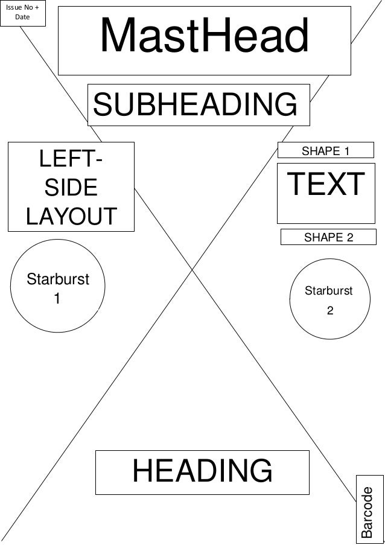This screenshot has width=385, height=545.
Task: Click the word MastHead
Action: [204, 36]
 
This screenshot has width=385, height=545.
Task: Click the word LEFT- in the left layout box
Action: [70, 162]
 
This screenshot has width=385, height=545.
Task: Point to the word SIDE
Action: [70, 188]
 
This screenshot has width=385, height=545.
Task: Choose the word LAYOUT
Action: [70, 215]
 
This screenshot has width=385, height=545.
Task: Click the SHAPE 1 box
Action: [326, 151]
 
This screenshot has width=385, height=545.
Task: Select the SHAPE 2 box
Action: [328, 238]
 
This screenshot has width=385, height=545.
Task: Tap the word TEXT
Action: [326, 185]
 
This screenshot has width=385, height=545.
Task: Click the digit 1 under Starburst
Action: [57, 299]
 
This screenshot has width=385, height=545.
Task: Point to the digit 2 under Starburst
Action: [329, 311]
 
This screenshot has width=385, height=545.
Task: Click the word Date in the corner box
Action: [23, 18]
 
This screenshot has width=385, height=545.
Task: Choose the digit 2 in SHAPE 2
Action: [349, 238]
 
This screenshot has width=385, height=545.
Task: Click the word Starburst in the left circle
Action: [57, 280]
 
